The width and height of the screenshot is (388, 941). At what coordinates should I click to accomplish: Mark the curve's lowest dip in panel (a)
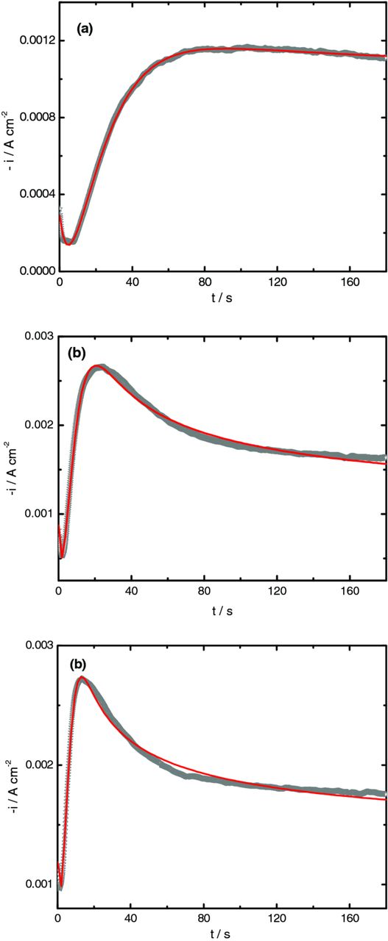tap(68, 243)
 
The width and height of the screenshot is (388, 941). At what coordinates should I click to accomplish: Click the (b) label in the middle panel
tap(78, 353)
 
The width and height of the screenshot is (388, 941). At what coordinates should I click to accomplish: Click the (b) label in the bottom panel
tap(78, 663)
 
